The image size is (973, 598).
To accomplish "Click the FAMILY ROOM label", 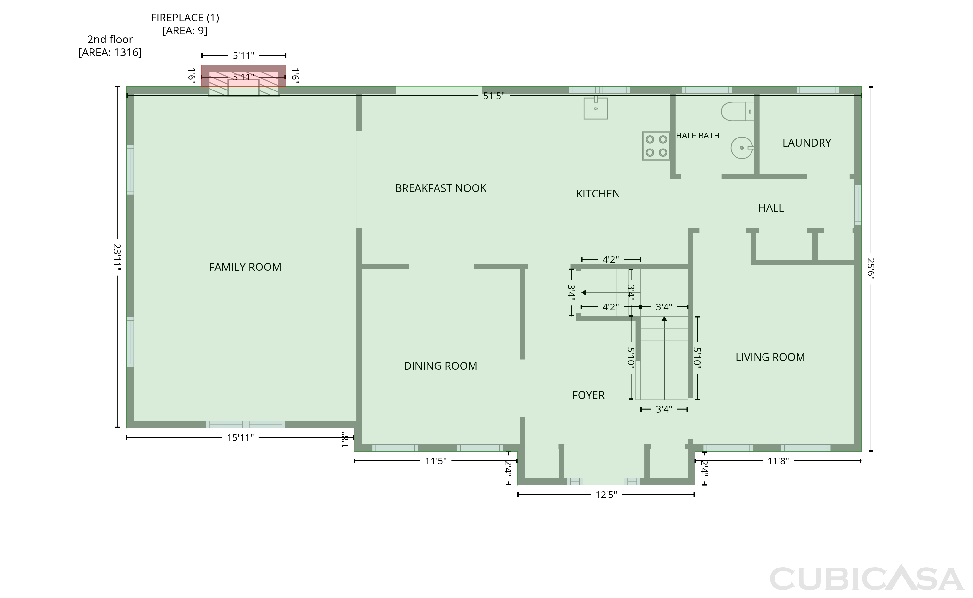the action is click(x=245, y=267).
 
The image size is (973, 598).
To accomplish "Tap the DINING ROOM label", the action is click(x=440, y=366).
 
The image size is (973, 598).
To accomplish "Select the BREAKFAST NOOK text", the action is click(x=441, y=188).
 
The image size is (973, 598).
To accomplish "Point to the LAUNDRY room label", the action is click(x=807, y=143).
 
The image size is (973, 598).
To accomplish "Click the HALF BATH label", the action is click(x=697, y=136).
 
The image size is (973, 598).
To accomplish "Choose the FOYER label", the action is click(x=588, y=395).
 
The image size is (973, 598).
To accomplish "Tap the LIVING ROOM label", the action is click(x=770, y=357).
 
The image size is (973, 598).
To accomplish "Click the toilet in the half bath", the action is click(x=738, y=112).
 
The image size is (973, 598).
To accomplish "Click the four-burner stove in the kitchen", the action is click(x=656, y=146).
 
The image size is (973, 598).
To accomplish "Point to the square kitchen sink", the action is click(x=596, y=108).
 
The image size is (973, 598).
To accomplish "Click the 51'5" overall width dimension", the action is click(x=494, y=96).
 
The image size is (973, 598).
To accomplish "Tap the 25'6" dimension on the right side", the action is click(x=871, y=269).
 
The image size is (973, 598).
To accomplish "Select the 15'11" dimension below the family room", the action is click(x=240, y=438).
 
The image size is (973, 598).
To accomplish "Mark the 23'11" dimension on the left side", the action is click(x=117, y=257).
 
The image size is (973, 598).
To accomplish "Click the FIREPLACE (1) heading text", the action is click(x=185, y=18).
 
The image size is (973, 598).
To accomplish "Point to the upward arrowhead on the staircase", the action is click(x=664, y=319).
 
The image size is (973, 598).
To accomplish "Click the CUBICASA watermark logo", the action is click(x=866, y=578).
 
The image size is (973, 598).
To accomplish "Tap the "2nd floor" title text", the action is click(x=110, y=40).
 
